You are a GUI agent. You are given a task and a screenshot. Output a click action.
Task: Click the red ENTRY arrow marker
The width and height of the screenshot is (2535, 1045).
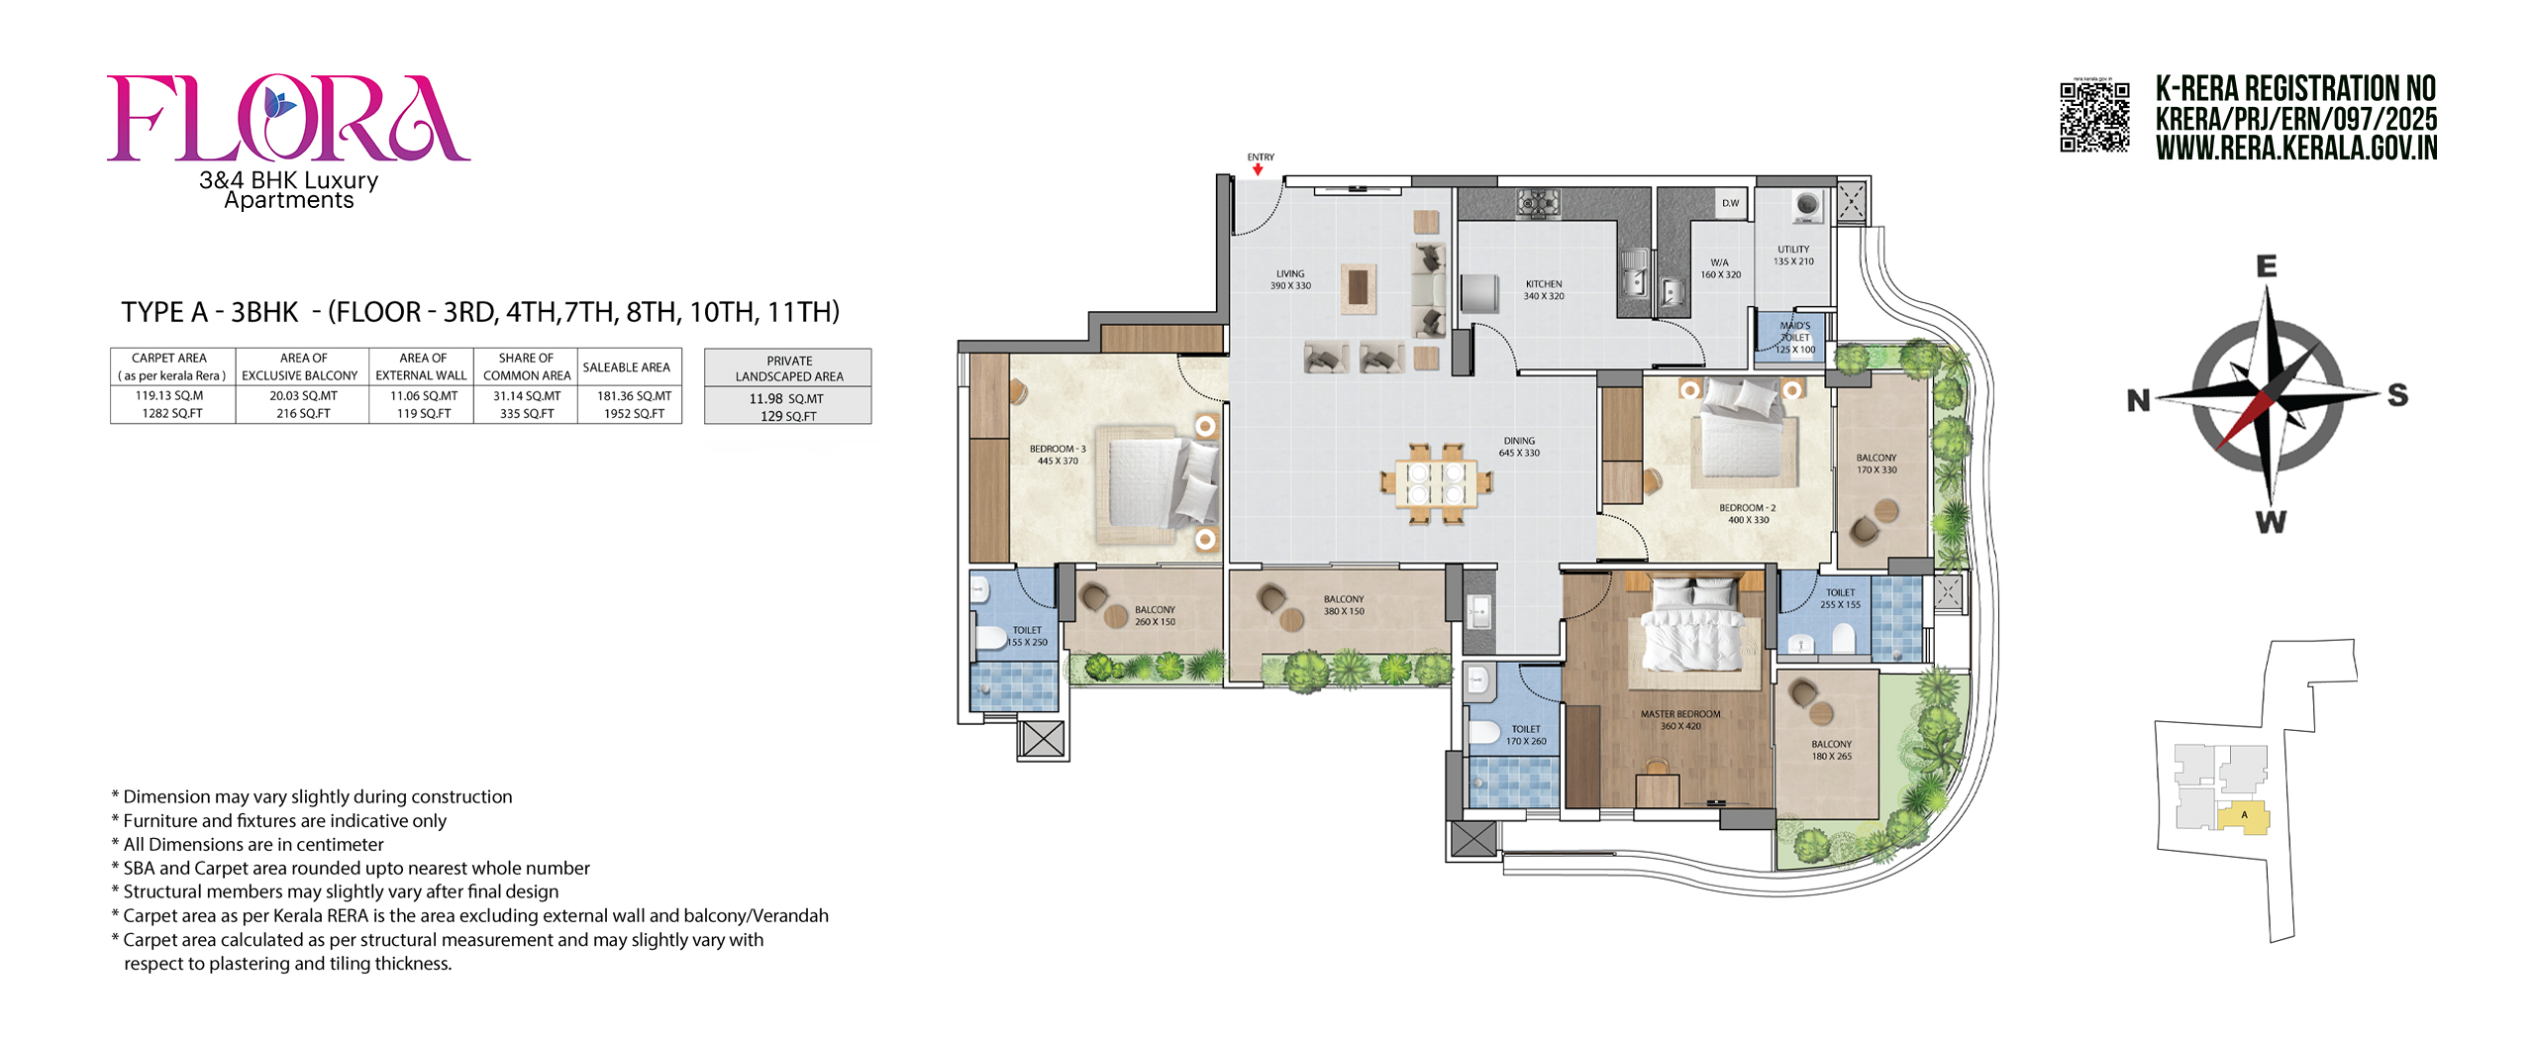pyautogui.click(x=1258, y=170)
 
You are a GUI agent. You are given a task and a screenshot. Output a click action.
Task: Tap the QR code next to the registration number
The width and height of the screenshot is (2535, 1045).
pyautogui.click(x=2094, y=117)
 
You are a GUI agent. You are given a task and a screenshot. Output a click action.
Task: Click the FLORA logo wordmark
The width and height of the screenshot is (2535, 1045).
pyautogui.click(x=288, y=118)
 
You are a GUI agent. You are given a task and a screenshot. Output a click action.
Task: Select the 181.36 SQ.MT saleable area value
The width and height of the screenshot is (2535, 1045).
pyautogui.click(x=635, y=395)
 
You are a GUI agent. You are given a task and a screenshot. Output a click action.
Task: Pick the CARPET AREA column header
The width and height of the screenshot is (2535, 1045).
pyautogui.click(x=170, y=358)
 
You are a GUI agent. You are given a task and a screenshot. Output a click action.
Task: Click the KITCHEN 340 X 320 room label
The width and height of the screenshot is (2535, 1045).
pyautogui.click(x=1544, y=290)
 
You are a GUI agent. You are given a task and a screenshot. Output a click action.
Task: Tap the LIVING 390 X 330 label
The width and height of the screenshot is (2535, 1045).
pyautogui.click(x=1290, y=279)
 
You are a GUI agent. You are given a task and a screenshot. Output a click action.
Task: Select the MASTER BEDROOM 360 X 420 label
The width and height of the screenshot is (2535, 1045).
pyautogui.click(x=1680, y=720)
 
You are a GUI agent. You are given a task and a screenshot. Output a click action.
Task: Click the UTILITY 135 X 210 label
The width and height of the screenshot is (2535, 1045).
pyautogui.click(x=1793, y=256)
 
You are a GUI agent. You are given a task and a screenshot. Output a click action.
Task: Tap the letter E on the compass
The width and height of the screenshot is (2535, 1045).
pyautogui.click(x=2266, y=265)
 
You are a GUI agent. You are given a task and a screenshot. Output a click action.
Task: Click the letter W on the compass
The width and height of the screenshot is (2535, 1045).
pyautogui.click(x=2271, y=522)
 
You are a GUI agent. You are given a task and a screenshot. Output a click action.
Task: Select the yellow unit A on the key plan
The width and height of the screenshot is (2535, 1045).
pyautogui.click(x=2243, y=818)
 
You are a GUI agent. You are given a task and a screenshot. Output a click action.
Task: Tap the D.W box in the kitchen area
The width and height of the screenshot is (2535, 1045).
pyautogui.click(x=1730, y=203)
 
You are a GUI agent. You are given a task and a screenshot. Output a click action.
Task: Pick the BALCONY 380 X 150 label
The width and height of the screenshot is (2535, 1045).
pyautogui.click(x=1344, y=605)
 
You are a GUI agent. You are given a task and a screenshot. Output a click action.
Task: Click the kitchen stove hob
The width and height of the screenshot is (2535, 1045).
pyautogui.click(x=1538, y=203)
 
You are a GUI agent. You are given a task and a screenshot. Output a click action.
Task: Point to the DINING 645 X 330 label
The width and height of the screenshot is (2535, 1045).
pyautogui.click(x=1519, y=447)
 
